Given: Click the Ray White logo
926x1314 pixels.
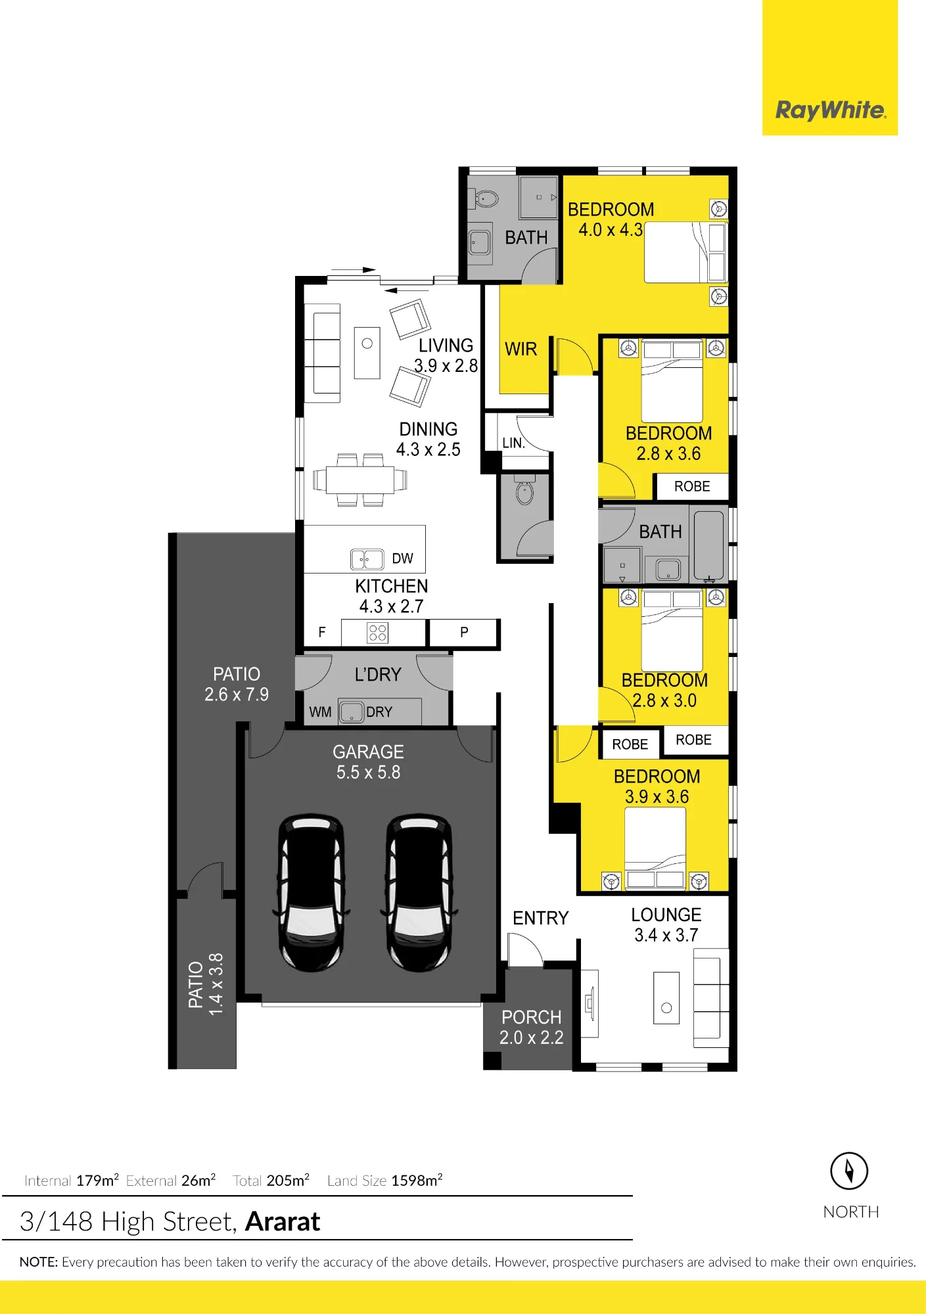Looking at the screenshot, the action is point(831,110).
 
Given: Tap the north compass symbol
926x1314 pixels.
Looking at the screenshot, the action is point(849,1171).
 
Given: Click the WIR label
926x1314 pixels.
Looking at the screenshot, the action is point(521,349).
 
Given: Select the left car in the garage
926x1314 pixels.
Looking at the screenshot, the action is point(311,893).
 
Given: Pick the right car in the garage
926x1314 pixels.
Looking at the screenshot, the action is point(419,893).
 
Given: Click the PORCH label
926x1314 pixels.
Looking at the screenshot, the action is point(531,1017).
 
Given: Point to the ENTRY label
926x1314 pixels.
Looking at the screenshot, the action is point(540,918).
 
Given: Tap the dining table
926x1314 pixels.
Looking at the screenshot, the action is point(360,480).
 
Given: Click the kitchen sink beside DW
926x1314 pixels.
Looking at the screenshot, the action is point(367,559).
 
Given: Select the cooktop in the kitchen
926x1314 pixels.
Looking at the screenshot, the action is point(377,633).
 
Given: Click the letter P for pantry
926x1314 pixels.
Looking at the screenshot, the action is point(464,632).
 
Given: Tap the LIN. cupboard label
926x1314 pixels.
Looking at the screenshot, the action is point(513,443).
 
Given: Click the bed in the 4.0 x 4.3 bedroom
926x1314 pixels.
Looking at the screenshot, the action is point(685,252).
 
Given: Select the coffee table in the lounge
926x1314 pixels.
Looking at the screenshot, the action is point(666,998).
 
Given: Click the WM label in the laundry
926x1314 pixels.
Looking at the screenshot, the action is point(320,712).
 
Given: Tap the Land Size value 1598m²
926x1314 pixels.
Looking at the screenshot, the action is point(417,1180).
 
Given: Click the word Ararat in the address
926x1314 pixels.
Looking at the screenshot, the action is point(283,1221).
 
